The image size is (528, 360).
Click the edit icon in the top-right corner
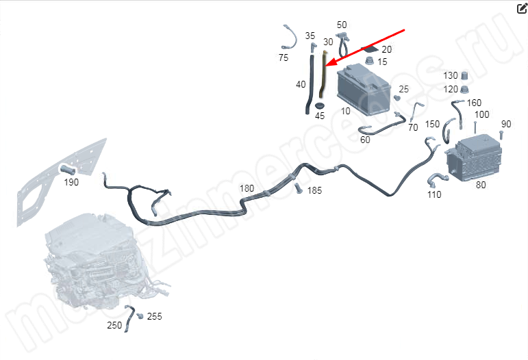(522, 8)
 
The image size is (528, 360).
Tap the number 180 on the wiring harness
(247, 188)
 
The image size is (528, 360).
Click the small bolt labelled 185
(297, 188)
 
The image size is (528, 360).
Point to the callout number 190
(71, 182)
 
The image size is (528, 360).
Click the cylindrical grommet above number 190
(67, 169)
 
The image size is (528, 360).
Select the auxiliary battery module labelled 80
(474, 158)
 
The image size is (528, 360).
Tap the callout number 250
(114, 325)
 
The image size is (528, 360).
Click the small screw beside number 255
(140, 316)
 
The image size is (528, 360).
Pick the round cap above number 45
(319, 105)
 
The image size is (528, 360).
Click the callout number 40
(301, 84)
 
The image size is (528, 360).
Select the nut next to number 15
(370, 61)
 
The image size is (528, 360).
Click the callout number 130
(451, 75)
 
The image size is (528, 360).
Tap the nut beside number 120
(465, 90)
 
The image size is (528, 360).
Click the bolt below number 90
(501, 135)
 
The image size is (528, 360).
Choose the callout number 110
(434, 194)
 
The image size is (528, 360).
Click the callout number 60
(366, 140)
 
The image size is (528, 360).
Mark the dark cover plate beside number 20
(370, 49)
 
